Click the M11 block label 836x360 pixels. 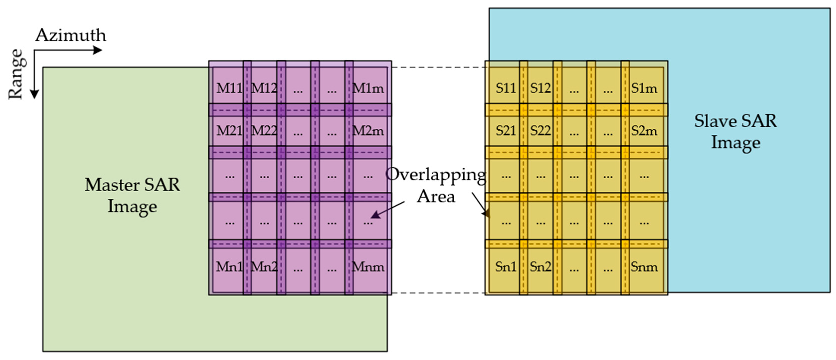click(x=229, y=88)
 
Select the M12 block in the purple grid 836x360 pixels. click(x=264, y=88)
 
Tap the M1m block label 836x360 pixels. click(x=368, y=88)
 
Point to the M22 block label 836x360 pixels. click(x=264, y=131)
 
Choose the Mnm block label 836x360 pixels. click(x=368, y=267)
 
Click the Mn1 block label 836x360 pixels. click(x=229, y=267)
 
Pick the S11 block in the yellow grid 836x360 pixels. click(x=505, y=88)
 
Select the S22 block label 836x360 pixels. click(x=540, y=131)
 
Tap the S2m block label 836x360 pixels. click(x=644, y=131)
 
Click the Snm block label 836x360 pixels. click(x=644, y=267)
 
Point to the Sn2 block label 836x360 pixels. click(x=540, y=267)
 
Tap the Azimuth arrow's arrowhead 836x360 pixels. click(x=98, y=50)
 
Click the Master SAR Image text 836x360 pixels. click(x=132, y=195)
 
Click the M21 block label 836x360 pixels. click(x=229, y=131)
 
